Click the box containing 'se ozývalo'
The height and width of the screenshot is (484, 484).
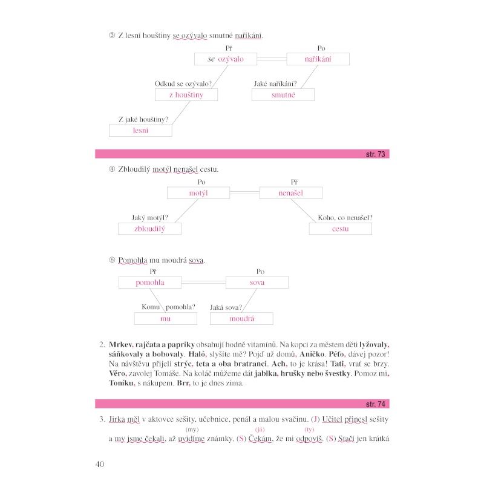click(225, 59)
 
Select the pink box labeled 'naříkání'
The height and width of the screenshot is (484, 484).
click(318, 59)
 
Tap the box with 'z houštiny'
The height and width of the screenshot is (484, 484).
click(186, 95)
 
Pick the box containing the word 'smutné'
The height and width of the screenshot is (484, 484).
click(283, 95)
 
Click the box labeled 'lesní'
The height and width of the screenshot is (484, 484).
click(140, 130)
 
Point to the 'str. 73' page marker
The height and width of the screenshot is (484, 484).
click(375, 154)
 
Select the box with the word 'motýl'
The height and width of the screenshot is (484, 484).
click(198, 193)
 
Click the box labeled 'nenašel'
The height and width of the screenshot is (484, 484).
click(290, 193)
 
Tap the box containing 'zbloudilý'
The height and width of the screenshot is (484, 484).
click(149, 229)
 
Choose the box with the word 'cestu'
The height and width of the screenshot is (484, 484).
click(340, 229)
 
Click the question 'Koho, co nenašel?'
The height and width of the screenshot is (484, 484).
click(345, 218)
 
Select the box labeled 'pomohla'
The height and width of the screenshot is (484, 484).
click(150, 283)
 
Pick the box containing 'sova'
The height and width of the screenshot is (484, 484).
click(257, 283)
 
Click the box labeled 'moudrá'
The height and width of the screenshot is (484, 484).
click(241, 318)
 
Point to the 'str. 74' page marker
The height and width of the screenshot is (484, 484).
click(375, 404)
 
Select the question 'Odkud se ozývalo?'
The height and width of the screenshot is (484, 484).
click(183, 84)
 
